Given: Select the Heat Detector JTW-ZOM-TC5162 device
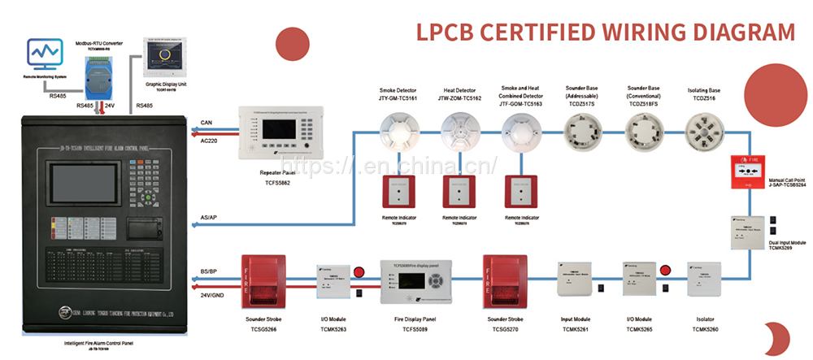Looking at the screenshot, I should (461, 130).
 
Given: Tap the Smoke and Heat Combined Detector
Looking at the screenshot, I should (521, 131).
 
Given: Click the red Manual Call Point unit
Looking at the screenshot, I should (750, 173).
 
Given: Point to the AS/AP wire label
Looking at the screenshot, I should (209, 218).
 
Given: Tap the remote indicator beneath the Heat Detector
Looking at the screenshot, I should (461, 193).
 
